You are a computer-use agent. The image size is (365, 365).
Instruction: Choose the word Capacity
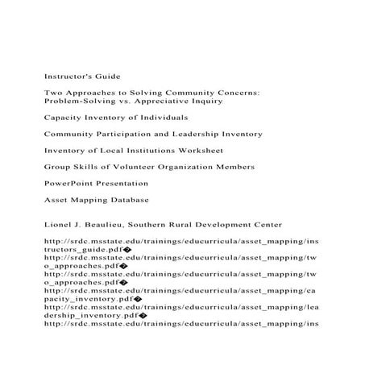click(x=64, y=118)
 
